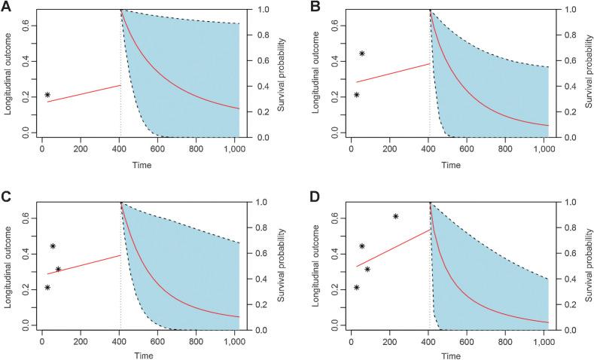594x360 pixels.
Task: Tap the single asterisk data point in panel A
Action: coord(47,95)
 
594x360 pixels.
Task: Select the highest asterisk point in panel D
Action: coord(396,217)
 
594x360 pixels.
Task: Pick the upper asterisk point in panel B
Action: coord(362,53)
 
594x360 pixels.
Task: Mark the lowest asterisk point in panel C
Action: coord(47,287)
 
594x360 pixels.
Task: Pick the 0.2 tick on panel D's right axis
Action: coord(571,304)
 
